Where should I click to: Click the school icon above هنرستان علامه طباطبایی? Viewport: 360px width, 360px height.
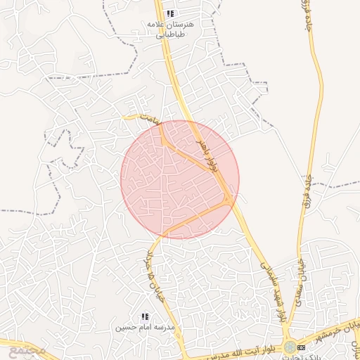[170, 13]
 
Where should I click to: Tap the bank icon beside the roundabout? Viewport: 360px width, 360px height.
[302, 347]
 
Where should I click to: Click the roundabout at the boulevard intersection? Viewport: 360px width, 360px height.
[289, 347]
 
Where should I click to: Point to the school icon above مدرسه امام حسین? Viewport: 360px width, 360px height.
[145, 317]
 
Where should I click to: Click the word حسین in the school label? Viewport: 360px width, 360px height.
[124, 328]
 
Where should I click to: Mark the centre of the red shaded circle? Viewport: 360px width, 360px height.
[180, 179]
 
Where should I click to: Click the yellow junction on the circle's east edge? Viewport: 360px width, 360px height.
[229, 200]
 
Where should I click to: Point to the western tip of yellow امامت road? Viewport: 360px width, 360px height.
[124, 117]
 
